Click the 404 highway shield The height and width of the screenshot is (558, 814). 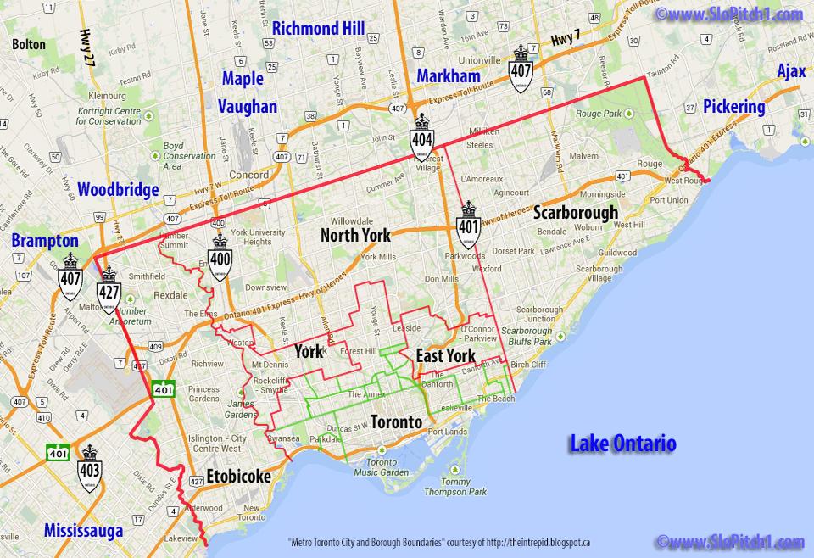(421, 143)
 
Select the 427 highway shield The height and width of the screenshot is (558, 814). (108, 290)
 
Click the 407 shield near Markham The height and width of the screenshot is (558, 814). (521, 70)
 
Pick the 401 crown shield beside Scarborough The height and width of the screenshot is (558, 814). (468, 221)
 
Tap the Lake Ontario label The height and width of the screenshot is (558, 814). (622, 444)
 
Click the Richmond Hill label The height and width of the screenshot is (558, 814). (319, 29)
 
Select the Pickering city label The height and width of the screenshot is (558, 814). (733, 107)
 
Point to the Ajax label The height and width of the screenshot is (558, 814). (791, 72)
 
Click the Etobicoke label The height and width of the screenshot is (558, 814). (238, 477)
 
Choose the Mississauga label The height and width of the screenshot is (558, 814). (83, 531)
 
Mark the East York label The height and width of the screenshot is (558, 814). (445, 356)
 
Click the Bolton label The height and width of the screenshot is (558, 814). (28, 42)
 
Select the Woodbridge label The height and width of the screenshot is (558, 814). (118, 190)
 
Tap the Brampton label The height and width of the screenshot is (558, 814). (44, 241)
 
